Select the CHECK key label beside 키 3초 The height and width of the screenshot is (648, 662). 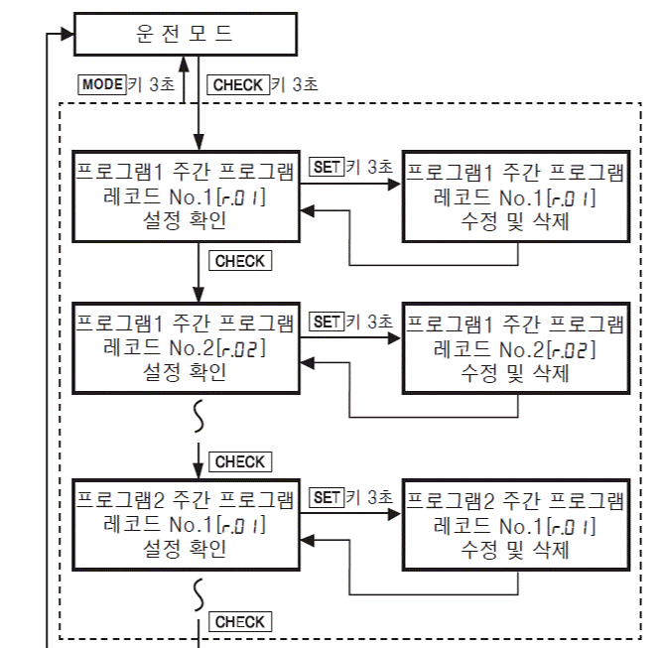click(239, 85)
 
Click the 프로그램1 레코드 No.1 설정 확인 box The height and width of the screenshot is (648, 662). click(186, 195)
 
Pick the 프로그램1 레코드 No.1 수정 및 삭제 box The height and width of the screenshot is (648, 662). click(516, 195)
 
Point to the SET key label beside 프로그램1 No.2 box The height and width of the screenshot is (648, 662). click(326, 322)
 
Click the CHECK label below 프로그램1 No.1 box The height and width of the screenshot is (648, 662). click(239, 261)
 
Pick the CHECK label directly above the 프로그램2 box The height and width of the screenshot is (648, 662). click(239, 461)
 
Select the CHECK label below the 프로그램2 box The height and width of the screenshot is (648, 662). click(239, 622)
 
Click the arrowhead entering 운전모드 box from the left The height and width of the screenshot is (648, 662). click(67, 34)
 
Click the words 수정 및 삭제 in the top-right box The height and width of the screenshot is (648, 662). click(516, 221)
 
